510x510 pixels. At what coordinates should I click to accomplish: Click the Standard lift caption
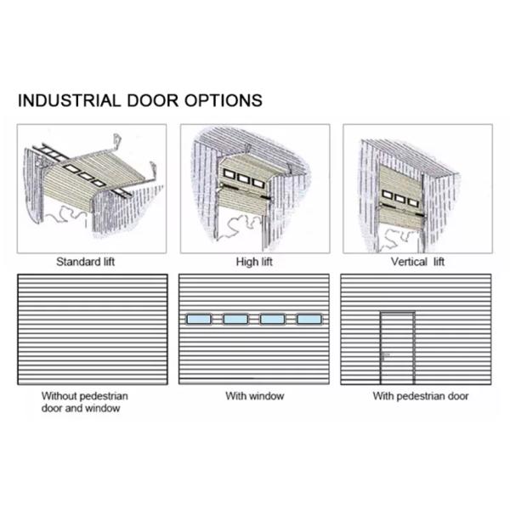click(x=85, y=262)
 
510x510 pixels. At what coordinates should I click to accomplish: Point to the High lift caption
click(x=253, y=262)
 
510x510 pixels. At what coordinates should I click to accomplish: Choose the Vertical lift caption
click(x=417, y=262)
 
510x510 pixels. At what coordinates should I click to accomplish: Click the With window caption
click(x=254, y=396)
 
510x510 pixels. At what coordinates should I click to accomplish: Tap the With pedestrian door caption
click(x=420, y=396)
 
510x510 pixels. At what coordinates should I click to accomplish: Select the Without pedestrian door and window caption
click(x=85, y=401)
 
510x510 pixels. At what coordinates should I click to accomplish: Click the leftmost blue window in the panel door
click(x=198, y=319)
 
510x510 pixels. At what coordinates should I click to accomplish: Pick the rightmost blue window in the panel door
click(x=309, y=319)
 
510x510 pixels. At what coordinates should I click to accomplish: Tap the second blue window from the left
click(x=235, y=319)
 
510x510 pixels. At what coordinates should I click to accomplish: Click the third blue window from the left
click(x=272, y=319)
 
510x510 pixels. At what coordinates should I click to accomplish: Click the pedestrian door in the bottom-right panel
click(x=397, y=348)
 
